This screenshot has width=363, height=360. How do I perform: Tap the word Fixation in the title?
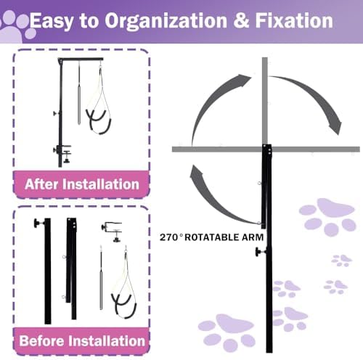click(x=294, y=20)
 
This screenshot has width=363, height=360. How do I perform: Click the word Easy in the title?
click(x=51, y=22)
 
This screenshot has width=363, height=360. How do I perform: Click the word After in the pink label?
click(x=41, y=184)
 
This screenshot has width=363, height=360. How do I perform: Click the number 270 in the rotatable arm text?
click(x=168, y=237)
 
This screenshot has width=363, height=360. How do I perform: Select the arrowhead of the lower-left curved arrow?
click(x=197, y=172)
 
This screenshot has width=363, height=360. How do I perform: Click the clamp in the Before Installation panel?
click(x=112, y=232)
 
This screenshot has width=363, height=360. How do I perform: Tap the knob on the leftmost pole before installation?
click(x=38, y=223)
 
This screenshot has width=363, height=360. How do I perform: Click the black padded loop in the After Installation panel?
click(x=99, y=122)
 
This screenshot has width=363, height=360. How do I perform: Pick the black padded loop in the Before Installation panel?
click(x=124, y=306)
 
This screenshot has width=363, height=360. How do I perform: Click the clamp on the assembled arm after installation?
click(x=62, y=153)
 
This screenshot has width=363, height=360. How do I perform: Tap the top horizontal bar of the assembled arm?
click(x=81, y=60)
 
